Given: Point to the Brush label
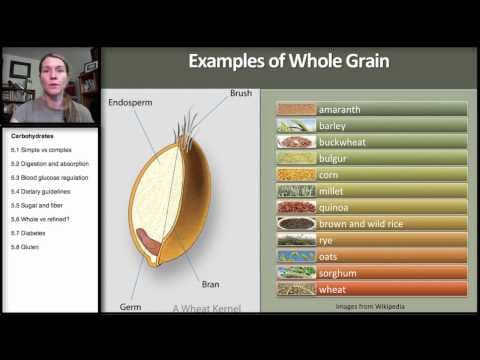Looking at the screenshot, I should [x=241, y=93].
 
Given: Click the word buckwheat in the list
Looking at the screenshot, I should [x=343, y=142].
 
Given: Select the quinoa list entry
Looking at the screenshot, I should [x=334, y=207].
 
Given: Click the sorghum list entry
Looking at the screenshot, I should [x=339, y=273].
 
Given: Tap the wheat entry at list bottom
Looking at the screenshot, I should [x=333, y=289].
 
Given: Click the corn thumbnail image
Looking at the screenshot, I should [x=296, y=175].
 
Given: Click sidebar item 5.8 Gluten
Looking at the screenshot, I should [x=26, y=246].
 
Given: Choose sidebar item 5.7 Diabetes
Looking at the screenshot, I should [x=29, y=232].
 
